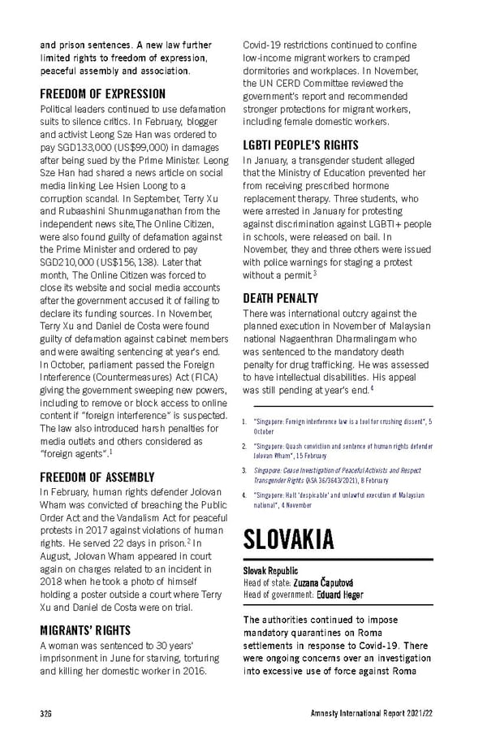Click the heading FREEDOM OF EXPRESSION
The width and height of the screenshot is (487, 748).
pyautogui.click(x=103, y=94)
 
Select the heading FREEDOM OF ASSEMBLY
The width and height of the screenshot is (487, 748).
pyautogui.click(x=97, y=477)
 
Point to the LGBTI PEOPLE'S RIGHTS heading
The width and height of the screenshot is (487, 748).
pyautogui.click(x=300, y=145)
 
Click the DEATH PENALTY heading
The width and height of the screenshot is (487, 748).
pyautogui.click(x=281, y=298)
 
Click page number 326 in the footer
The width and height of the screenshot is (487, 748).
pyautogui.click(x=46, y=713)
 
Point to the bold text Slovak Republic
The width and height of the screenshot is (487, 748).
pyautogui.click(x=270, y=571)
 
